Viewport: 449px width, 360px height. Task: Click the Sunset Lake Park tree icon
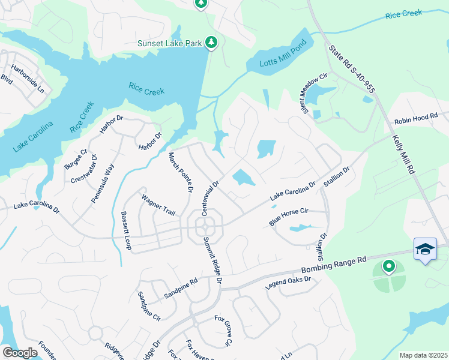(x=211, y=43)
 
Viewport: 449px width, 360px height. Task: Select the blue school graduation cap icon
(x=425, y=248)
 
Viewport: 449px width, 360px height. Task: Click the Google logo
(x=20, y=353)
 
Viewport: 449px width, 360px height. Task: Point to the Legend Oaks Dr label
(x=288, y=283)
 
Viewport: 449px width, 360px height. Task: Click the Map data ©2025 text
(x=423, y=355)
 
